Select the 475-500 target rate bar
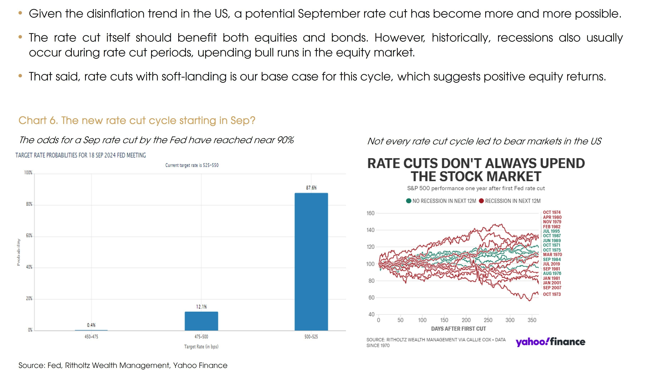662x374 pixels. [x=201, y=321]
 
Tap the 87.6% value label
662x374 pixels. [x=311, y=188]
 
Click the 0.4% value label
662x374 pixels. [x=91, y=325]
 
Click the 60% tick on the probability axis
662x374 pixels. [x=29, y=236]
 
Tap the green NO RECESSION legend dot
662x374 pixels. [x=408, y=201]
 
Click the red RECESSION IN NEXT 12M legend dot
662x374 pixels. [x=481, y=201]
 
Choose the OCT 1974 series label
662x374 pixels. [x=551, y=212]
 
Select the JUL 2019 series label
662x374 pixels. [x=551, y=264]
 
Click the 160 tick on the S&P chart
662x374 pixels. [x=370, y=213]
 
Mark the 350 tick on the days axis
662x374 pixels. [x=532, y=320]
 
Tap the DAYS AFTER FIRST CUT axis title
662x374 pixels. [x=458, y=329]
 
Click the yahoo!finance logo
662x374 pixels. [x=550, y=342]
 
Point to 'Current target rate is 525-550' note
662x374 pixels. [x=192, y=165]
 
